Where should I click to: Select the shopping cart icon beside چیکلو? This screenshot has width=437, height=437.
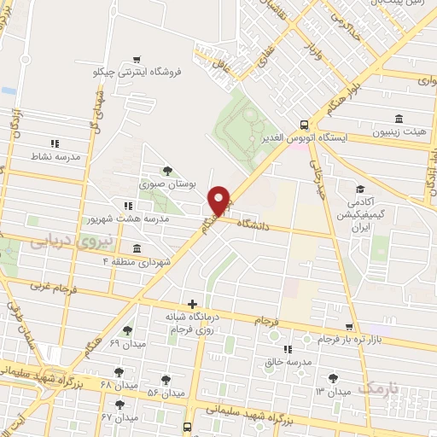tap(137, 60)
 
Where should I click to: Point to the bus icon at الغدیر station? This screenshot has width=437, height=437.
tap(305, 124)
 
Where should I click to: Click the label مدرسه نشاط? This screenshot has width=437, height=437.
tap(55, 156)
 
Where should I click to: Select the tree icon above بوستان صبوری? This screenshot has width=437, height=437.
tap(166, 170)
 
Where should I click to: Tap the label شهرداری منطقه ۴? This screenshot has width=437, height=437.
tap(137, 260)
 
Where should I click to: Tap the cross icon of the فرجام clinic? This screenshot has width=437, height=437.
tap(193, 303)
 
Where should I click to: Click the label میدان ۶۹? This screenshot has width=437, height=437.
tap(128, 343)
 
